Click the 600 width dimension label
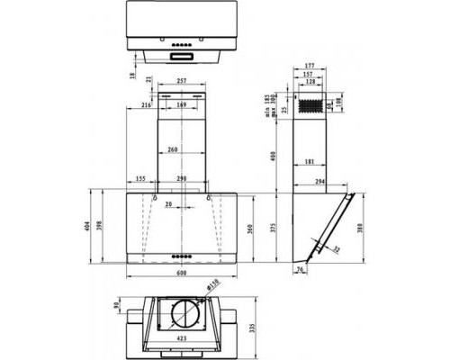[181, 273]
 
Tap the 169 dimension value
[181, 105]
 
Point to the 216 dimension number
[145, 105]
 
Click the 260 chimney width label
[171, 149]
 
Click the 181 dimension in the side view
[309, 162]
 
